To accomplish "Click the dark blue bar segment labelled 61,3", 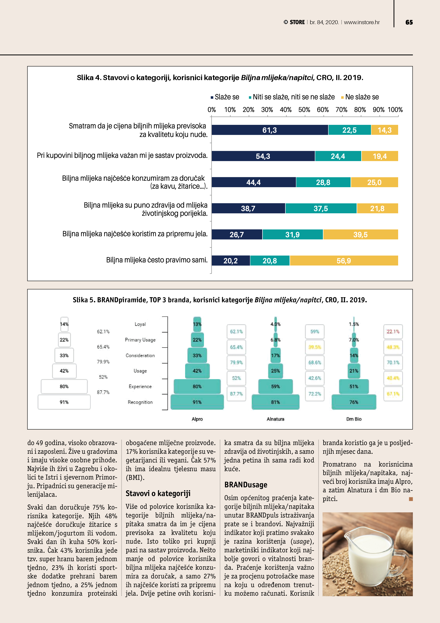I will point(269,130).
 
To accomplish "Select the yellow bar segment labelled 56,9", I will point(344,261).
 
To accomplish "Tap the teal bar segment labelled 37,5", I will point(321,208).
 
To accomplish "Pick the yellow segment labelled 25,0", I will point(374,182).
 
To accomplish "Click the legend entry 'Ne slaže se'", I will point(362,97).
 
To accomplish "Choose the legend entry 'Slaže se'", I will point(227,97).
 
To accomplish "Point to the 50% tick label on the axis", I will point(304,110).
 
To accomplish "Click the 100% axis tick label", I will point(395,110).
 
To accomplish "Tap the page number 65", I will point(409,22).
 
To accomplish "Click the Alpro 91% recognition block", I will point(197,402).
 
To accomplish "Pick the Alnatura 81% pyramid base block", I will point(275,402).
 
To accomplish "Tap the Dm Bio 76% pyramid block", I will point(354,402).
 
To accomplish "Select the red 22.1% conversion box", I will point(393,332).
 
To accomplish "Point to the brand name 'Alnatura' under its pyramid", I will point(275,419).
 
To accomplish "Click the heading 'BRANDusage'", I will point(246,485).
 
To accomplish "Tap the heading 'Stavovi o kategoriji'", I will point(158,493).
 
